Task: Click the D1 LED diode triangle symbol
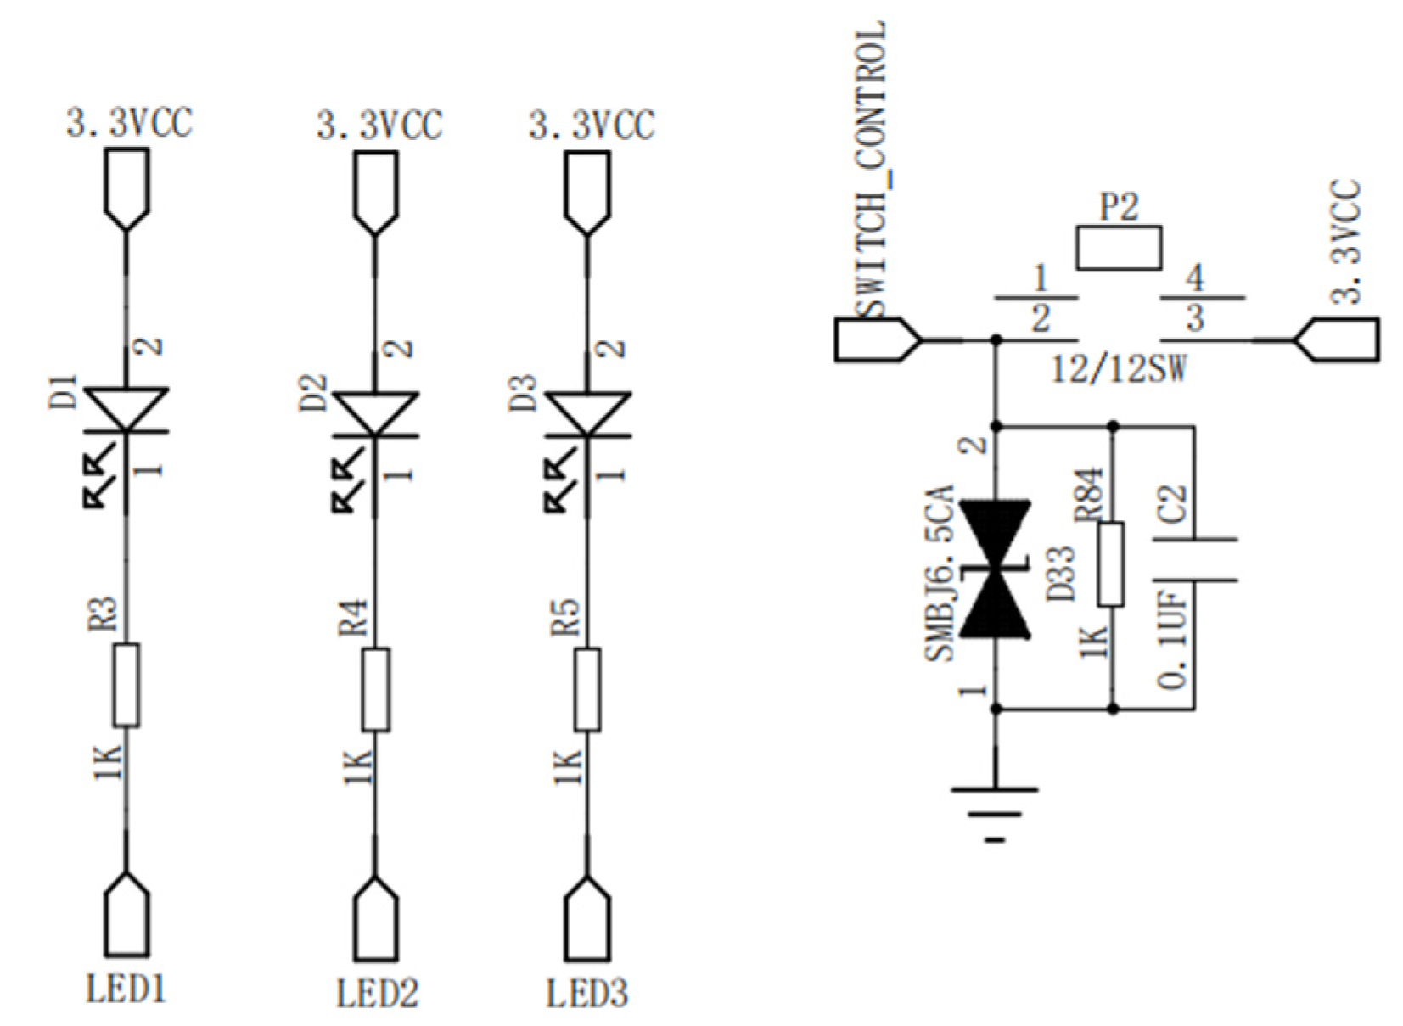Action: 126,411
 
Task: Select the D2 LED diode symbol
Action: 375,414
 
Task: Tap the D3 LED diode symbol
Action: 587,414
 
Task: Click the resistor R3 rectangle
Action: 126,685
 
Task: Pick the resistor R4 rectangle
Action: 375,689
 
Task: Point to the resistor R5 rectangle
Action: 587,689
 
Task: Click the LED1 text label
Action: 126,989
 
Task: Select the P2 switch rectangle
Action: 1119,248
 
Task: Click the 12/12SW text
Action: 1119,369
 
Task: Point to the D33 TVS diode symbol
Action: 995,569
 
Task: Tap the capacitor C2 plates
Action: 1194,560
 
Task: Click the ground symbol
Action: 995,810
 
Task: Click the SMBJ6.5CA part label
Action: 940,573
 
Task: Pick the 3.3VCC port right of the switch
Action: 1338,339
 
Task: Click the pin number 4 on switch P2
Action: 1194,278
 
